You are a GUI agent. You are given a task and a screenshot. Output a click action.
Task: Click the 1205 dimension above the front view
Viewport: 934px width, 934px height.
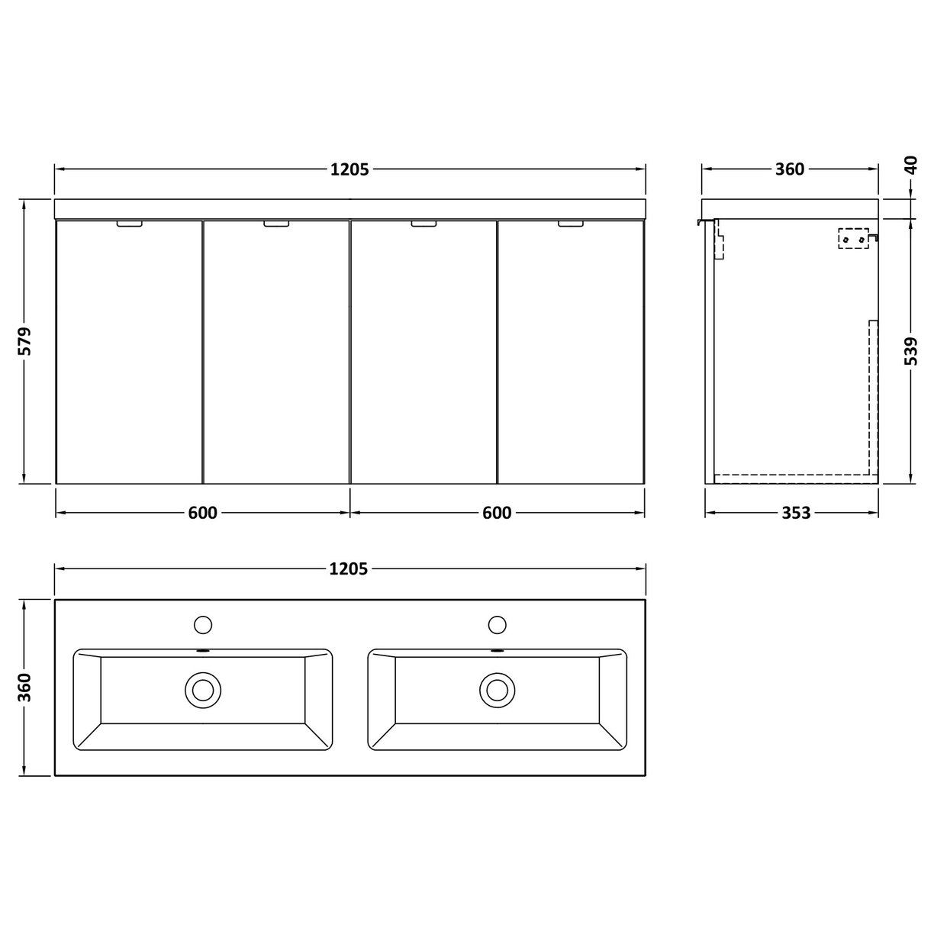349,169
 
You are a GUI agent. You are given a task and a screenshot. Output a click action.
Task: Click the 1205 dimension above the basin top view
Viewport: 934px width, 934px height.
349,568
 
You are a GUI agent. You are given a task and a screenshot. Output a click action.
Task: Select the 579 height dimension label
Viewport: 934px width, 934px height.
25,341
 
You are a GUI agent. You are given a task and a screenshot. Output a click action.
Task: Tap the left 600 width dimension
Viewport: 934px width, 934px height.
202,513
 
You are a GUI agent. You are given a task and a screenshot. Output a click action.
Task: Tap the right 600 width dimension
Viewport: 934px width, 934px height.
497,513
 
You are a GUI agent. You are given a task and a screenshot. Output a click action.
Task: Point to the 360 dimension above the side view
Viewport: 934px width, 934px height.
790,169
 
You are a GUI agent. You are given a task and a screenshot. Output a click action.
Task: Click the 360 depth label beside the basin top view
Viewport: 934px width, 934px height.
25,687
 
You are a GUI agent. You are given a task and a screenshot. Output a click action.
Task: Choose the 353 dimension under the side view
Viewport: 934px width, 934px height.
795,513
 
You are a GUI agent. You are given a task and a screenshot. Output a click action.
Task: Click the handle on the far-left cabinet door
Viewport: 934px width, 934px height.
130,224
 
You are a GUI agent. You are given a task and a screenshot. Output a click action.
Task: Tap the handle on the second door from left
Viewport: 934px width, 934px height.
276,224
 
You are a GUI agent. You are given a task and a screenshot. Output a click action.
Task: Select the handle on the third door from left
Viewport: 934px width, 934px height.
424,224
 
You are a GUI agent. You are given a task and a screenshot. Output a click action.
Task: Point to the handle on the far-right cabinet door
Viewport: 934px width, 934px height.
570,224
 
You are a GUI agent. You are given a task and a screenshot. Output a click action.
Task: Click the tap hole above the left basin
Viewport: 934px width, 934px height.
203,624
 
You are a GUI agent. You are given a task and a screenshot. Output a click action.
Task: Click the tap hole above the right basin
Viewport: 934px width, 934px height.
497,624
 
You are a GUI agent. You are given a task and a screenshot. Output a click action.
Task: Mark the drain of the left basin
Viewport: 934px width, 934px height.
203,690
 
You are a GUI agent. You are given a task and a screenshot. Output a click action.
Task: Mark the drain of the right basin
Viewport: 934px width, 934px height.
497,690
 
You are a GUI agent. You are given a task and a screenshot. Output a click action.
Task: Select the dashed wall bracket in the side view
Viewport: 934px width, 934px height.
854,239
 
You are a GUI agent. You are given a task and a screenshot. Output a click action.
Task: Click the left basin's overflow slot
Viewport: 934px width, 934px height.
203,652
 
